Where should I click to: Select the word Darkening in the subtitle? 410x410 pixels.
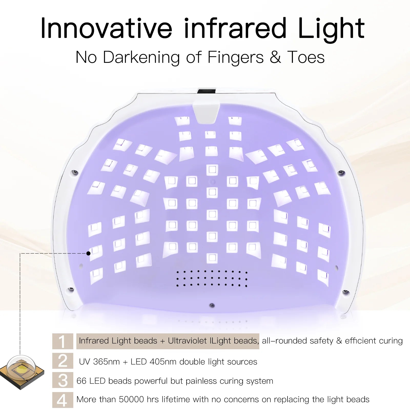click(141, 57)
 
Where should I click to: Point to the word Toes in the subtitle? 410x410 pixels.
click(306, 57)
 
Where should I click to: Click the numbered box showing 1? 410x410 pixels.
click(63, 341)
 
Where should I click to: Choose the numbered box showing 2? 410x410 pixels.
click(63, 361)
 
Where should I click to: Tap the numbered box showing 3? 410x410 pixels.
click(63, 380)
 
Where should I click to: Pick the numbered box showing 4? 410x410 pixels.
click(63, 400)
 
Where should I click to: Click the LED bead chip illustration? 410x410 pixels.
click(22, 372)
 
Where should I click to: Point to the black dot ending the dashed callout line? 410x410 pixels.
click(88, 253)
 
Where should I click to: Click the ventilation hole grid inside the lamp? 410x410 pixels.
click(212, 278)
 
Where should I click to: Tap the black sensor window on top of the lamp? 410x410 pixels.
click(207, 91)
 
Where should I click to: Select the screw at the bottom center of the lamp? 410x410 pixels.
click(212, 305)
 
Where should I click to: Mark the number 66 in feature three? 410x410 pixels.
click(81, 381)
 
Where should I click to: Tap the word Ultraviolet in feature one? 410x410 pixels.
click(187, 341)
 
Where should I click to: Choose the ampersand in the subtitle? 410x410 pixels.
click(275, 57)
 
